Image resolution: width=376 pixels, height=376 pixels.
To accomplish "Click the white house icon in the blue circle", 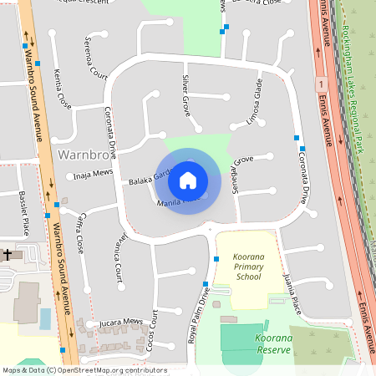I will point(188,180).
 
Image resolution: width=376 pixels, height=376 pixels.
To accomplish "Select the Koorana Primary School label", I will point(248,270).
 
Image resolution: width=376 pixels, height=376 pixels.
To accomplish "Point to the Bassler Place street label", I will point(23,212).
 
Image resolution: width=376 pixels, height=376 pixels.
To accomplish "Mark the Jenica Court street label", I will point(118,256).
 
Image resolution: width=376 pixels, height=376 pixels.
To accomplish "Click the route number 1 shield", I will point(320,84).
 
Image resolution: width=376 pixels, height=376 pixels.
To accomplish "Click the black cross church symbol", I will point(8,253).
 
